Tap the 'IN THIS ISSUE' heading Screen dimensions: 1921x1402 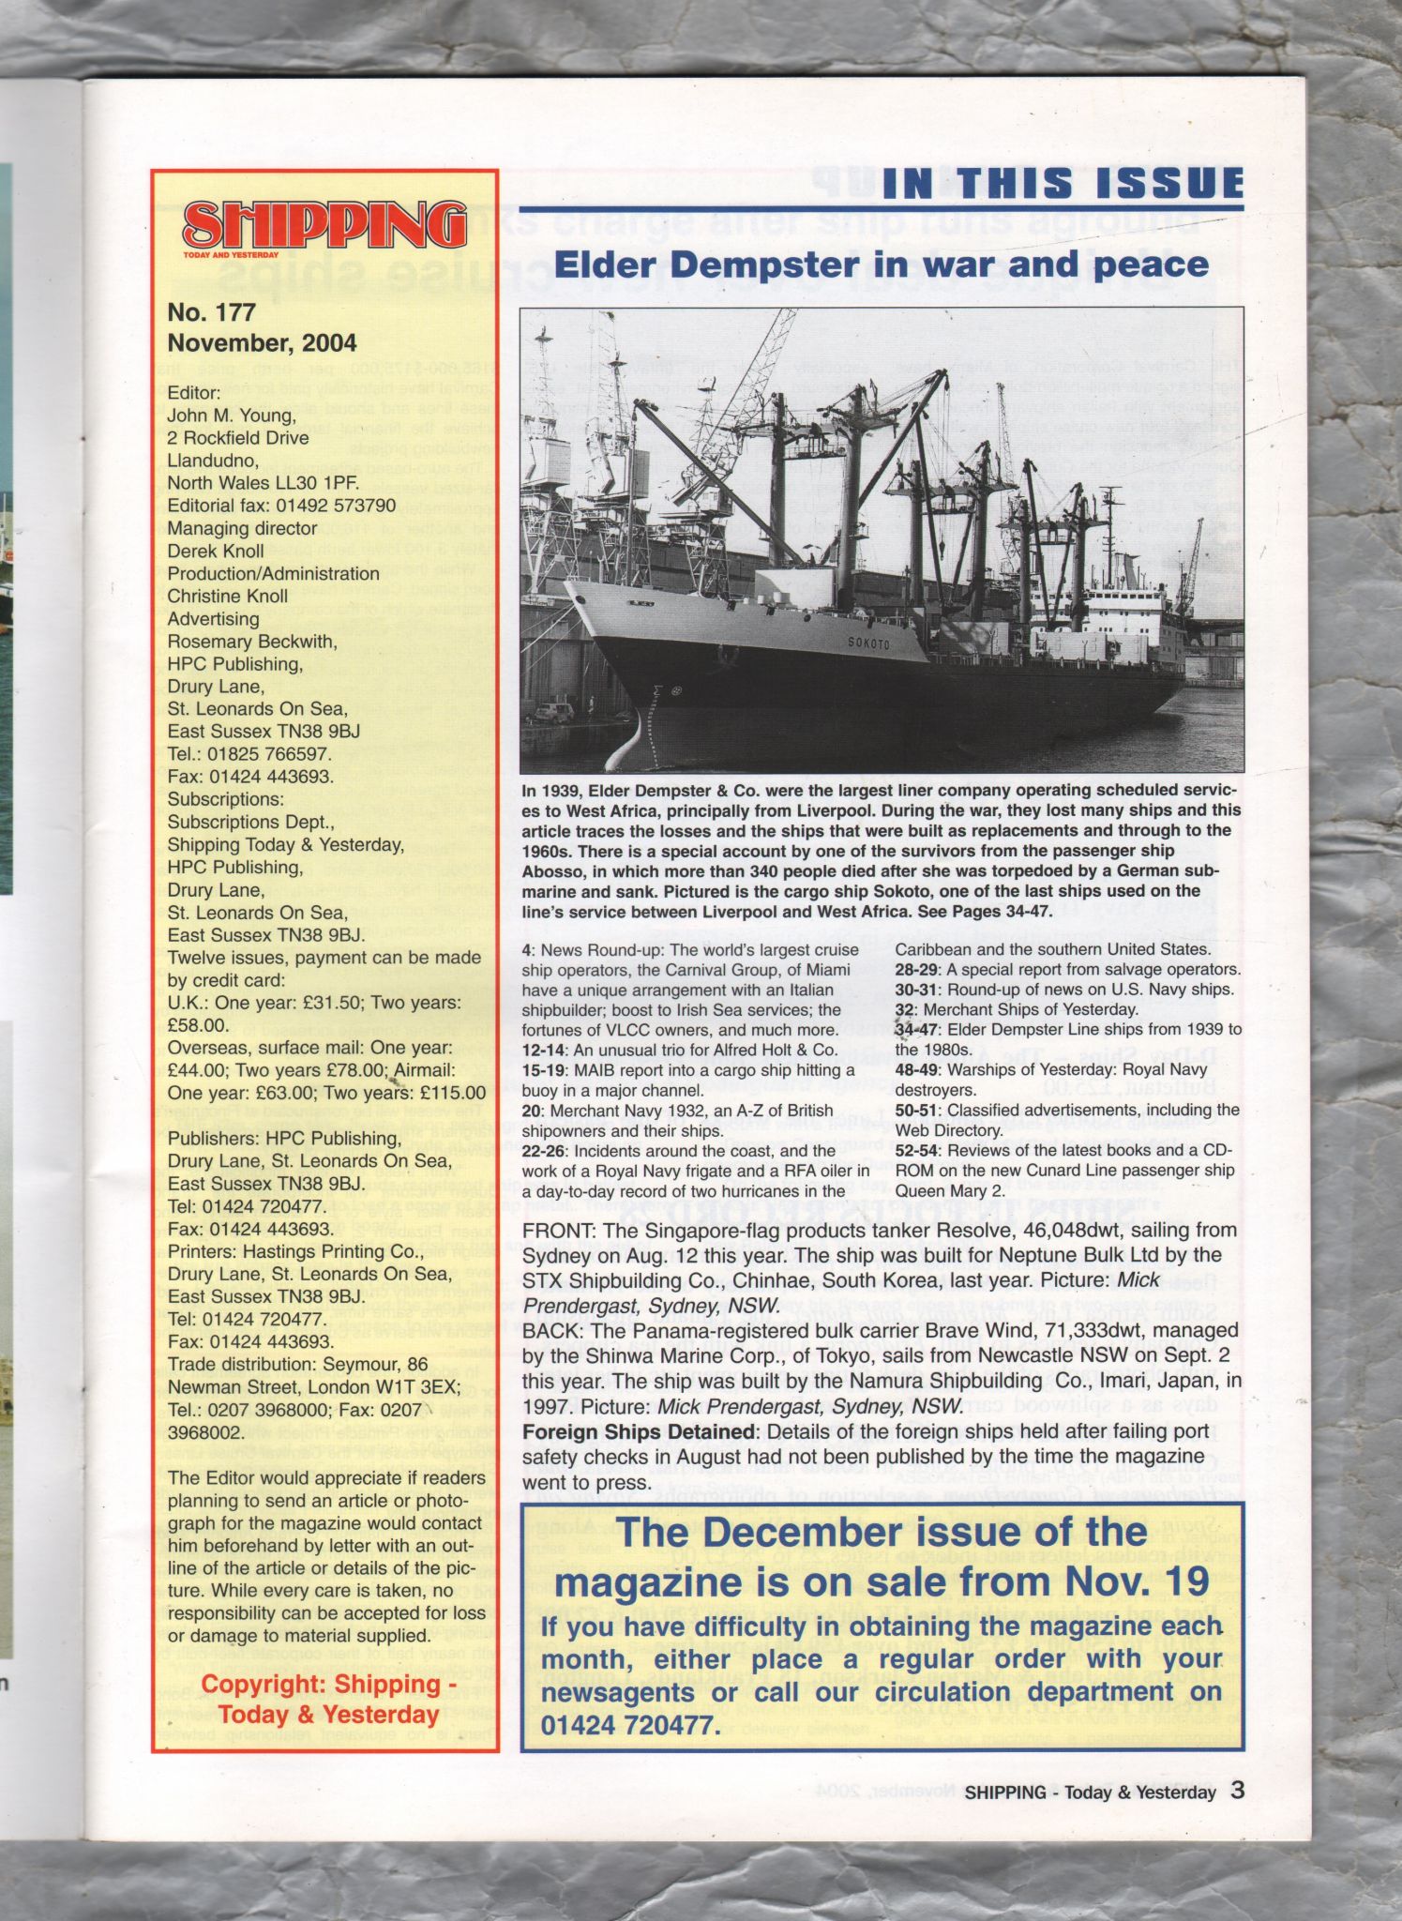pyautogui.click(x=1063, y=183)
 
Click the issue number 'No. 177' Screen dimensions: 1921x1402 pyautogui.click(x=211, y=311)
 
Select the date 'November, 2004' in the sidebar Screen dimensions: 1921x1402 pyautogui.click(x=262, y=342)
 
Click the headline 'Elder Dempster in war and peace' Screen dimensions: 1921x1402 pyautogui.click(x=881, y=265)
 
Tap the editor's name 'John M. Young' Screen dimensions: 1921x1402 pyautogui.click(x=232, y=415)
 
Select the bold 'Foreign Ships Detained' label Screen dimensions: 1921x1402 pyautogui.click(x=639, y=1432)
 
